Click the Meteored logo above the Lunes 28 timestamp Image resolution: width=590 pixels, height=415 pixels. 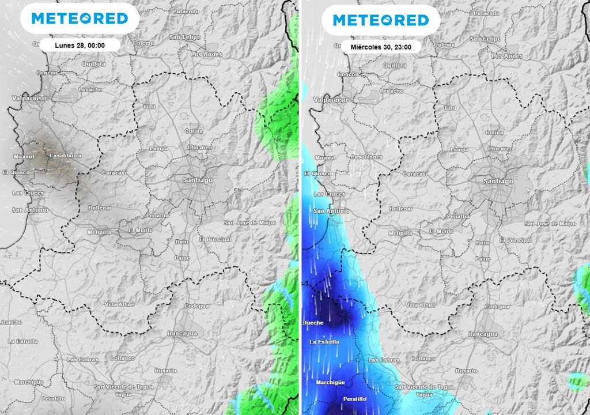(80, 18)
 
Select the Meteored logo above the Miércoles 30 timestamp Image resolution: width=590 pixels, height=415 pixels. (381, 20)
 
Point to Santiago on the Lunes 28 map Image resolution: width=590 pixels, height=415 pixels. (197, 180)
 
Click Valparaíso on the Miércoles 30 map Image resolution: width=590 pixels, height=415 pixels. (330, 99)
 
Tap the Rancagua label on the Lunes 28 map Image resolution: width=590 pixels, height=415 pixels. (182, 333)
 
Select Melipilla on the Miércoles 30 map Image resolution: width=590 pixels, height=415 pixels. (400, 233)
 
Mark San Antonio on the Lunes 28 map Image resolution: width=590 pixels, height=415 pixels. (30, 210)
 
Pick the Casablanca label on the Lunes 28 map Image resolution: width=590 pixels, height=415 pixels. (65, 156)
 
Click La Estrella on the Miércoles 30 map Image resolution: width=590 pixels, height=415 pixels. (324, 342)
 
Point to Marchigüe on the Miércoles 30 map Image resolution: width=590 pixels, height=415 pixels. (330, 382)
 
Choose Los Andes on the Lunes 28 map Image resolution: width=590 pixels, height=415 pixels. (206, 54)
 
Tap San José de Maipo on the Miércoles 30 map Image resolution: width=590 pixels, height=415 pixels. (550, 223)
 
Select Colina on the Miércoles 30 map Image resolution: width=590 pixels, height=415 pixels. (494, 133)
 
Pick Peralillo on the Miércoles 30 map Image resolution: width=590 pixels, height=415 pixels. (354, 399)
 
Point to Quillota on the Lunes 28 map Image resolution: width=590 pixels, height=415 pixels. (94, 64)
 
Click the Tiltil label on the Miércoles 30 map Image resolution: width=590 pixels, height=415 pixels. (449, 108)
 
